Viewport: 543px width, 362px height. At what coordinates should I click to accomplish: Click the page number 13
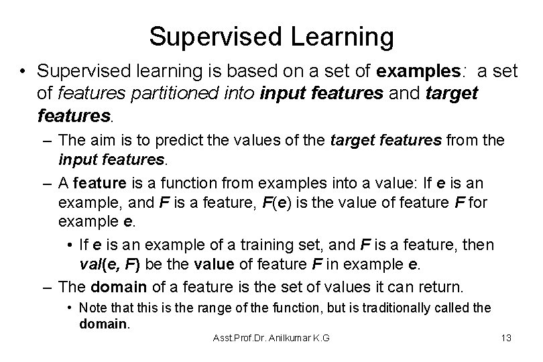(x=506, y=338)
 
